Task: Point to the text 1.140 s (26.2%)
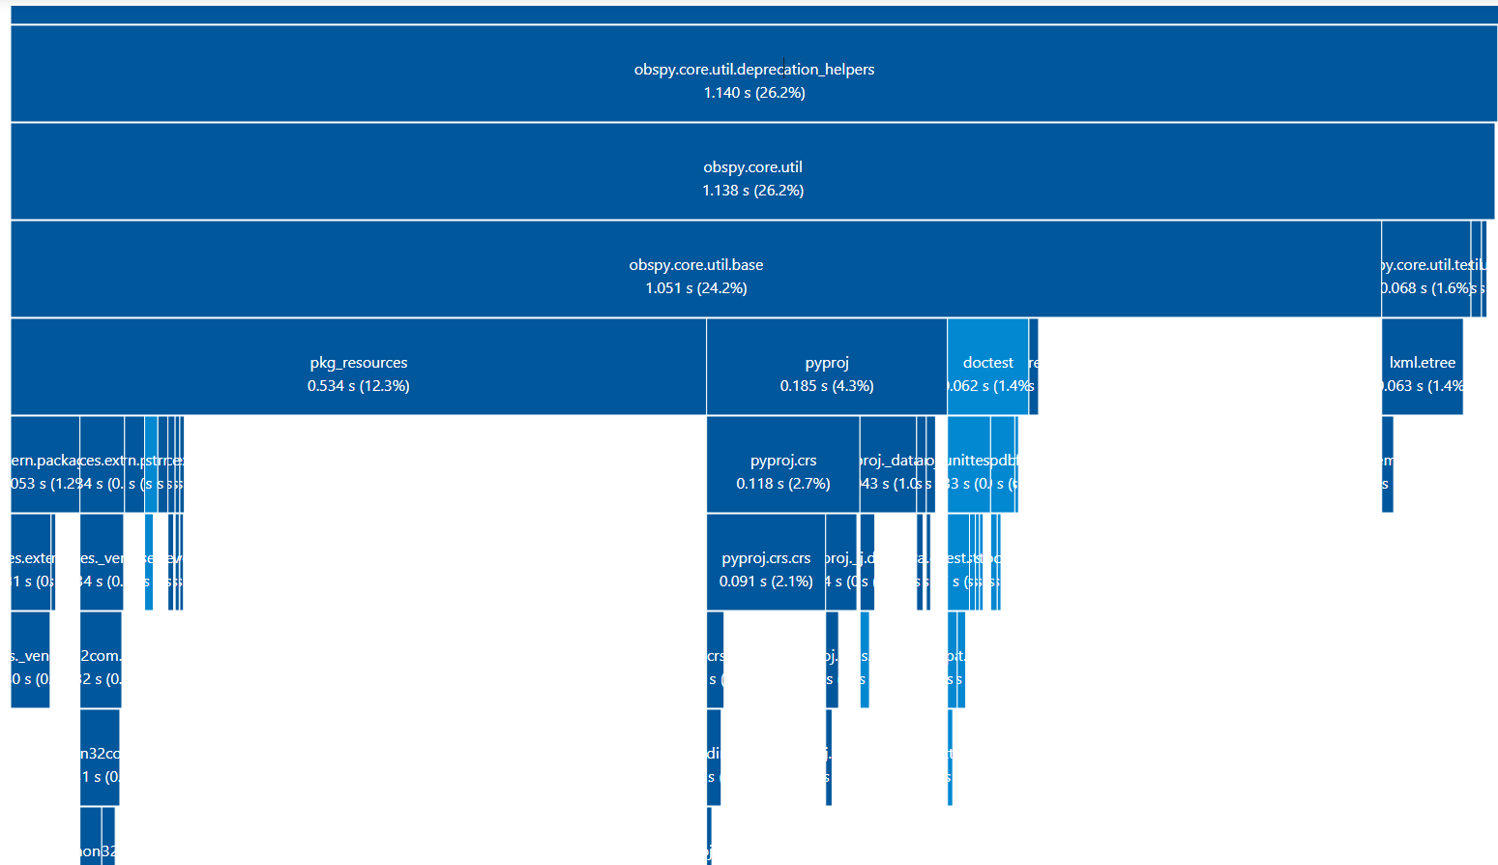[x=754, y=93]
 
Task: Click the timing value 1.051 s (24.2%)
[x=695, y=288]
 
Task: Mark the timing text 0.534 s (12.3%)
[x=358, y=386]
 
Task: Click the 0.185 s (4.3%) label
[x=827, y=386]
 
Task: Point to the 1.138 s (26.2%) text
[x=752, y=191]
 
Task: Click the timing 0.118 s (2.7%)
[x=782, y=484]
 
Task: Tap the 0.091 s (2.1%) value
[x=766, y=582]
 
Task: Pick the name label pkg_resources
[x=358, y=363]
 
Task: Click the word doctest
[x=987, y=363]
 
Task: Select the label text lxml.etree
[x=1422, y=363]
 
